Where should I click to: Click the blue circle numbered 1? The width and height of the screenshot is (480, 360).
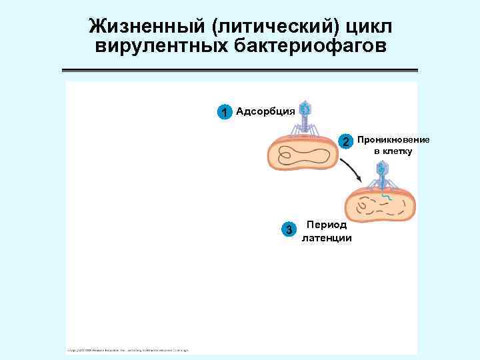point(225,111)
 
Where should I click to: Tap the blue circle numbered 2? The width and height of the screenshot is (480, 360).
point(345,141)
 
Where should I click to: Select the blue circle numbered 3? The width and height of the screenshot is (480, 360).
point(289,230)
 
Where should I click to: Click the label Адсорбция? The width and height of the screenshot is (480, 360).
point(265,111)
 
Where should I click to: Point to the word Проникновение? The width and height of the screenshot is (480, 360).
point(393,139)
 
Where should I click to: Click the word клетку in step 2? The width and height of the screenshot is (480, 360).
point(397,151)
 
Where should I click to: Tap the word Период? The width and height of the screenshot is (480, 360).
point(326,225)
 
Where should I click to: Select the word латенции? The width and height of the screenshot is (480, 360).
point(327,237)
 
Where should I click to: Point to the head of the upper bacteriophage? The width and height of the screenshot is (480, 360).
point(305,107)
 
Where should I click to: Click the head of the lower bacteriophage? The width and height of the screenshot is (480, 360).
point(381,169)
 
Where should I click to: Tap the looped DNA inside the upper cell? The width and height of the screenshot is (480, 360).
point(303,157)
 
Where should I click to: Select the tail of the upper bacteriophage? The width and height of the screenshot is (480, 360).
point(305,123)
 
